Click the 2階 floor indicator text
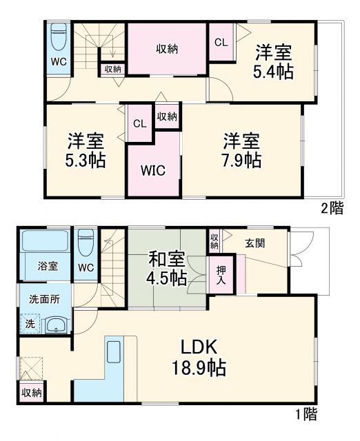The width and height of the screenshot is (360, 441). (x=330, y=209)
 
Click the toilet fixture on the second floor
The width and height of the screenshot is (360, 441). (x=59, y=38)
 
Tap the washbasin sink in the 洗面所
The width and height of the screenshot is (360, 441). (x=54, y=325)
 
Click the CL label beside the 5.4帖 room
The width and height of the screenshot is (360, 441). (x=220, y=42)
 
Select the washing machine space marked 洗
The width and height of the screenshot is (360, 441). (x=30, y=323)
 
